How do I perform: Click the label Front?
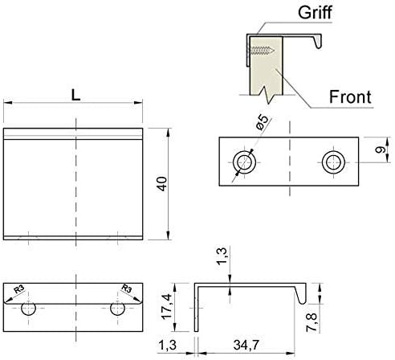coord(351,97)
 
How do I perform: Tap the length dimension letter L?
coord(75,94)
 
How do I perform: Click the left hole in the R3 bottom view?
coord(30,308)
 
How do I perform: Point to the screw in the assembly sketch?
coord(262,51)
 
